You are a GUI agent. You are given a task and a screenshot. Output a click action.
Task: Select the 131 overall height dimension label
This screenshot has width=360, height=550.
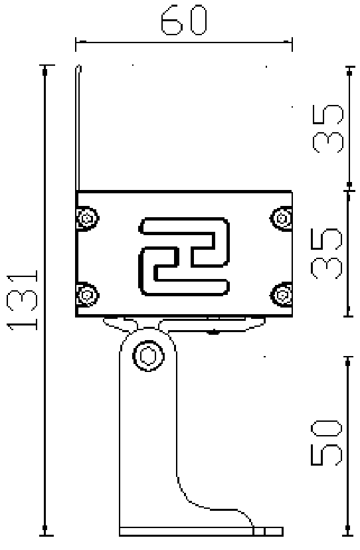24,300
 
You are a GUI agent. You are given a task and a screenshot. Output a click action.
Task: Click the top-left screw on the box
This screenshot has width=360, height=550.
86,217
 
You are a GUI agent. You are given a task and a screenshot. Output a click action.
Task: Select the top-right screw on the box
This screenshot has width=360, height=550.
282,217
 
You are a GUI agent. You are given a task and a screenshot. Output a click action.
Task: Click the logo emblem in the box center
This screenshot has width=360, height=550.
184,256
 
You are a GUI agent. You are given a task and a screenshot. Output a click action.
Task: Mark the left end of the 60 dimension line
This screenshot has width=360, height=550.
76,45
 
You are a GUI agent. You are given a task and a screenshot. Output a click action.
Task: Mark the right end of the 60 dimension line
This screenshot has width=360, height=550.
292,45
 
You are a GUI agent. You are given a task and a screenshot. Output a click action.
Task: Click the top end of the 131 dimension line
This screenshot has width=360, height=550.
45,66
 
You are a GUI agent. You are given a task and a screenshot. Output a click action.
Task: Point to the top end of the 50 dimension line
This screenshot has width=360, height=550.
348,357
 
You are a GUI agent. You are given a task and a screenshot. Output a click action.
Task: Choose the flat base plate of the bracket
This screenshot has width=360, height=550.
199,531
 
